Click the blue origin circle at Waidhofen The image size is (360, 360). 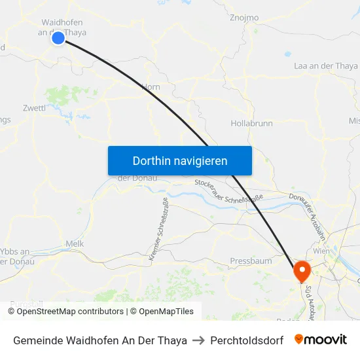pos(58,38)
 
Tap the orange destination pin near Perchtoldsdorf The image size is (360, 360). pos(302,270)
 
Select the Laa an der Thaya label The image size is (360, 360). pos(326,66)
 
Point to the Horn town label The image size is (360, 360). pos(151,86)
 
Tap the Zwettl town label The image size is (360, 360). pos(34,108)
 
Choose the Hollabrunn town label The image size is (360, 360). pos(251,123)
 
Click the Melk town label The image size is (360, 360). pos(75,243)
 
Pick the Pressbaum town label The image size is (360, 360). pos(251,261)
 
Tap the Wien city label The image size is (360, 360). pos(321,251)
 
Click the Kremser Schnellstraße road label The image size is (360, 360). pos(158,229)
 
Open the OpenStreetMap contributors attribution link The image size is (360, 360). pos(70,312)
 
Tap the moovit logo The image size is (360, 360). pos(320,340)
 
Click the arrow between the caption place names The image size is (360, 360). pos(198,340)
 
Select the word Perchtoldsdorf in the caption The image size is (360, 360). pos(247,340)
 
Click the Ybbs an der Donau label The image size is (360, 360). pos(16,256)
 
